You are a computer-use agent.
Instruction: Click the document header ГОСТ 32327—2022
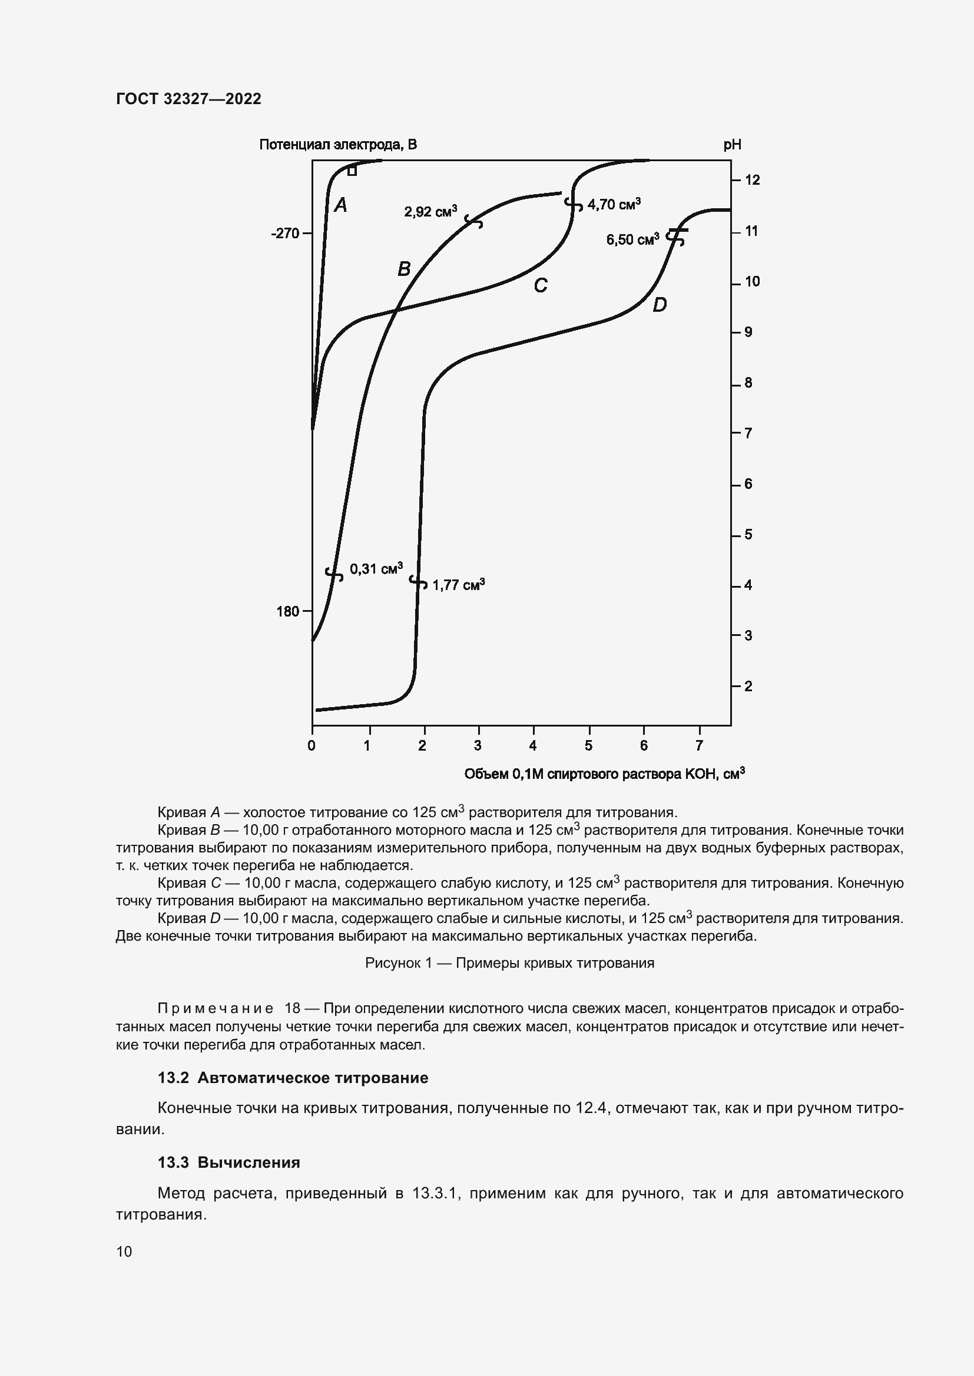(188, 99)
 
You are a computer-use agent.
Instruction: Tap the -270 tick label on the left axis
(285, 233)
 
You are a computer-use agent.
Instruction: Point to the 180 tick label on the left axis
(287, 611)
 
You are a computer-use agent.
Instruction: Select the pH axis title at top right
(732, 145)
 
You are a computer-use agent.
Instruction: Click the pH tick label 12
(752, 180)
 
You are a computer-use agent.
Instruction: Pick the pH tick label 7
(748, 433)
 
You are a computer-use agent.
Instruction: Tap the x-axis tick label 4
(532, 746)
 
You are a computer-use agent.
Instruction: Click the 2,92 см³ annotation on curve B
(430, 212)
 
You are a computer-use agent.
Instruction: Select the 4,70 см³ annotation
(614, 204)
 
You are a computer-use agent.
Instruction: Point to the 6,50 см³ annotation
(632, 239)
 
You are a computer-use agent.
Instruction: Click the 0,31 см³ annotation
(376, 568)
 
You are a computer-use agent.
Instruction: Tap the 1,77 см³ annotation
(458, 585)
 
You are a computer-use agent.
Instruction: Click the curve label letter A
(340, 205)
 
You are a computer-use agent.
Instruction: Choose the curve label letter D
(659, 305)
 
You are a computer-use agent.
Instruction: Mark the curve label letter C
(541, 285)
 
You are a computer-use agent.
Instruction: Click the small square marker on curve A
(352, 171)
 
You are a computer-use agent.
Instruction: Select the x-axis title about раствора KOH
(604, 774)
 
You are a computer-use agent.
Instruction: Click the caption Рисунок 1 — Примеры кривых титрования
(509, 963)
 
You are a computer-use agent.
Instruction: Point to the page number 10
(124, 1251)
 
